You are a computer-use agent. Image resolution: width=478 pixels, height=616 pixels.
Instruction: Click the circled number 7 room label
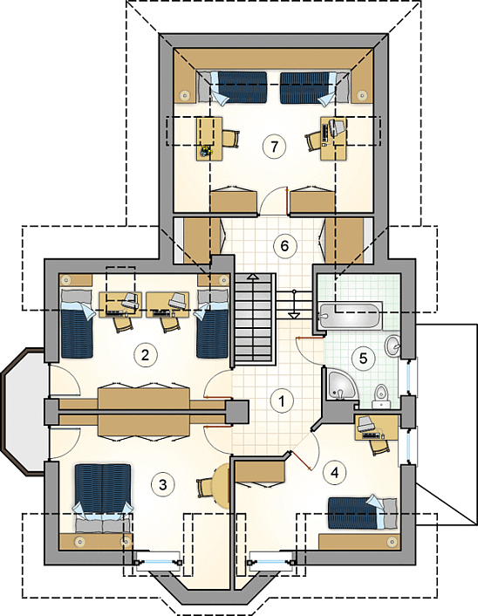(274, 147)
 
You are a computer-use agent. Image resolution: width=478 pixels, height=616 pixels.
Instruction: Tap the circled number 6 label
(284, 246)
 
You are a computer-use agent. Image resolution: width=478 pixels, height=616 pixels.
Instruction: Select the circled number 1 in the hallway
(282, 401)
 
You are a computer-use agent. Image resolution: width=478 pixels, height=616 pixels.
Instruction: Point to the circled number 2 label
(146, 355)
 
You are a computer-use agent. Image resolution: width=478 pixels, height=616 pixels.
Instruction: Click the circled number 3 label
(162, 484)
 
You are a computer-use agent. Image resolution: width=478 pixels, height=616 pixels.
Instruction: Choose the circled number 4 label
(334, 473)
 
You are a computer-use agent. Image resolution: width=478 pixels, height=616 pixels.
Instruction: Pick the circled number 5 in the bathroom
(363, 358)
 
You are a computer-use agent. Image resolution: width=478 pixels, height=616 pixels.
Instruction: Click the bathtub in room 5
(350, 315)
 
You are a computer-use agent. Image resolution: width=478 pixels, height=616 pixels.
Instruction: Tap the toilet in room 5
(379, 396)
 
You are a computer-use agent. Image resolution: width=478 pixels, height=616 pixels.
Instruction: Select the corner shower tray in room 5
(341, 385)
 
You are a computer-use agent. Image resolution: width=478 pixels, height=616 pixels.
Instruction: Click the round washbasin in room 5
(392, 346)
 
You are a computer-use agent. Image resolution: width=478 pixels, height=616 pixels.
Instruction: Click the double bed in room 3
(103, 498)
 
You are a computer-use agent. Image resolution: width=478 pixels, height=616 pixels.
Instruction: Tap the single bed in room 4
(362, 513)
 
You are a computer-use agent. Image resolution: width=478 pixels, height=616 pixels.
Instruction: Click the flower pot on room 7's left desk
(206, 150)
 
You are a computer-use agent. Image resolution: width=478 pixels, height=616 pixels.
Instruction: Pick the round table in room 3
(222, 486)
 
